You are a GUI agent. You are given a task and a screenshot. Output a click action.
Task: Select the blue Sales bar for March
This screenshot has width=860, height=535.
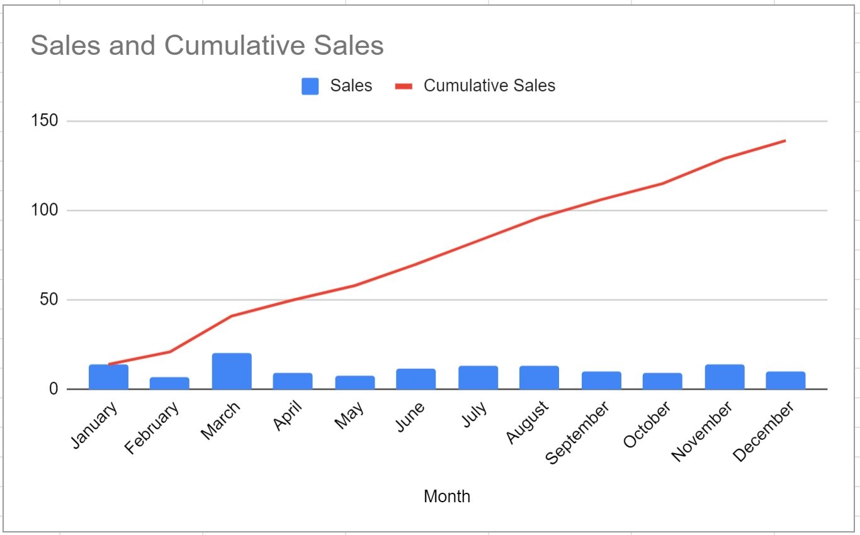coord(232,371)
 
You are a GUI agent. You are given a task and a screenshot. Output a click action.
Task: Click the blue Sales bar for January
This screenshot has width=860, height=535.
coord(108,377)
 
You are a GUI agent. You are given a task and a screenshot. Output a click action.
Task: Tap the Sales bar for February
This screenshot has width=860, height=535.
coord(169,383)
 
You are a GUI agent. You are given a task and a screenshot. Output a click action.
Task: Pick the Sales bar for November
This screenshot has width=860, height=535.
coord(724,377)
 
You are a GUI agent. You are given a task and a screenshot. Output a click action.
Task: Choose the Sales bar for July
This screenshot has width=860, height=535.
coord(478,378)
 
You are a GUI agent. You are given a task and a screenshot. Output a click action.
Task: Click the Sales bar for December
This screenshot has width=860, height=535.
coord(785,380)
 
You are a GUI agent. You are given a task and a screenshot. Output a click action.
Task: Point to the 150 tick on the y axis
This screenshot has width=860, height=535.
coord(44,121)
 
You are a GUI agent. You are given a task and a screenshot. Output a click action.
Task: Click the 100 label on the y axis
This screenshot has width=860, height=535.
coord(44,210)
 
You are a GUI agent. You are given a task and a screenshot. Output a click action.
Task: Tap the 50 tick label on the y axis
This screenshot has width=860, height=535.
coord(48,300)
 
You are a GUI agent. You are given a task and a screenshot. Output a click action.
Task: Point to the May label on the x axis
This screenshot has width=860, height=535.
coord(349,416)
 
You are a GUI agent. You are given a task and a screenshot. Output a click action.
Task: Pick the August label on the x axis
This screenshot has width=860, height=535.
coord(527,422)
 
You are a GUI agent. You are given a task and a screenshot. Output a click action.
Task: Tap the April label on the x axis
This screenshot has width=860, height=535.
coord(288,417)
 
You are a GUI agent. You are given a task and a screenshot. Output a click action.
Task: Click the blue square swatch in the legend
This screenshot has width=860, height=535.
coord(310,86)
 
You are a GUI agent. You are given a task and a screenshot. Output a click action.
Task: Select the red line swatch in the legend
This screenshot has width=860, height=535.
coord(403,86)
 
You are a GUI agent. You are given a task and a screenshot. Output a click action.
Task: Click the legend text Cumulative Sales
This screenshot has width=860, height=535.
coord(489,86)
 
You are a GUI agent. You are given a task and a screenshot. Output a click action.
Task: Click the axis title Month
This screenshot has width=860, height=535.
coord(446,497)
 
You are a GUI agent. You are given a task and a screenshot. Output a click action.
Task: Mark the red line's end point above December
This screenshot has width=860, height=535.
coord(785,140)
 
